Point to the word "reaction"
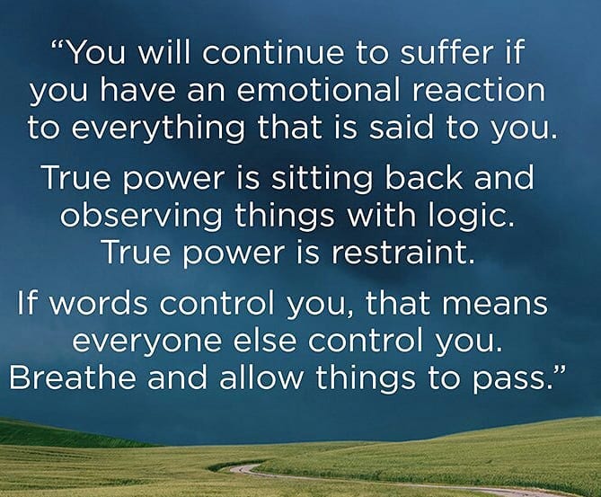click(x=478, y=91)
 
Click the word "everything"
click(x=158, y=129)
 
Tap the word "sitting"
click(x=322, y=179)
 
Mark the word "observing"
click(x=141, y=217)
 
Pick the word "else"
click(x=264, y=339)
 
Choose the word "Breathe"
click(x=73, y=377)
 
